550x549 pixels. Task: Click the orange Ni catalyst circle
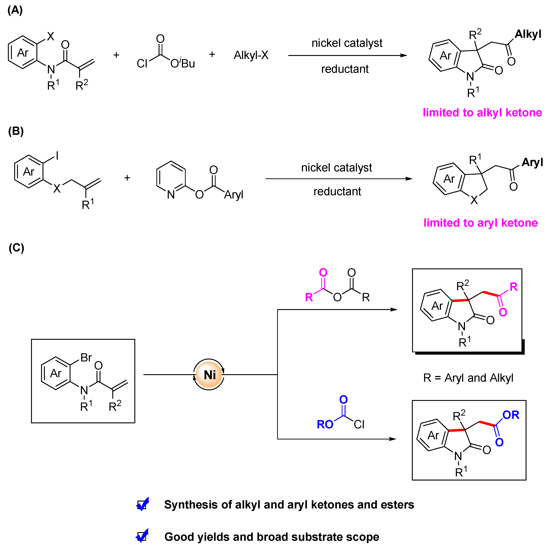click(209, 375)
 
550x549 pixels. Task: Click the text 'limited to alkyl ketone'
click(482, 113)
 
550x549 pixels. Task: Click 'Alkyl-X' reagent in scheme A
click(251, 55)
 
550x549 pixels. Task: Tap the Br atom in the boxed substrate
click(86, 358)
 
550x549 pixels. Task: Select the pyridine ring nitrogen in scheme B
click(171, 195)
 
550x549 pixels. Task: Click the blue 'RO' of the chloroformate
click(325, 425)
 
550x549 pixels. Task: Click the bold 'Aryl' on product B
click(532, 162)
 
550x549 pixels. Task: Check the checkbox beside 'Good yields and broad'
click(142, 537)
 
